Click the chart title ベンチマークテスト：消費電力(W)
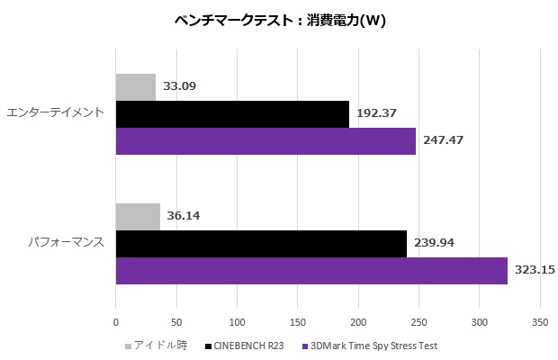coord(279,22)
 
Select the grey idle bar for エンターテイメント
coord(136,87)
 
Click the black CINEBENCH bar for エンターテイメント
coord(232,113)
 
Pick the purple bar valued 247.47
coord(265,140)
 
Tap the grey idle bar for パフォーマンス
coord(138,217)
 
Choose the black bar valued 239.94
coord(261,243)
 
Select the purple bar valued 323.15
coord(311,270)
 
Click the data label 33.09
coord(180,87)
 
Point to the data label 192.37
coord(377,113)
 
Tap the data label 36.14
coord(184,217)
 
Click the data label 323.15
coord(536,270)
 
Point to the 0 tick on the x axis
coord(116,321)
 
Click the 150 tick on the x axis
coord(298,321)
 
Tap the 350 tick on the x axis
coord(540,321)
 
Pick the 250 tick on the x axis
coord(419,321)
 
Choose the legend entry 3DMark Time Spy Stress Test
coord(373,346)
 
